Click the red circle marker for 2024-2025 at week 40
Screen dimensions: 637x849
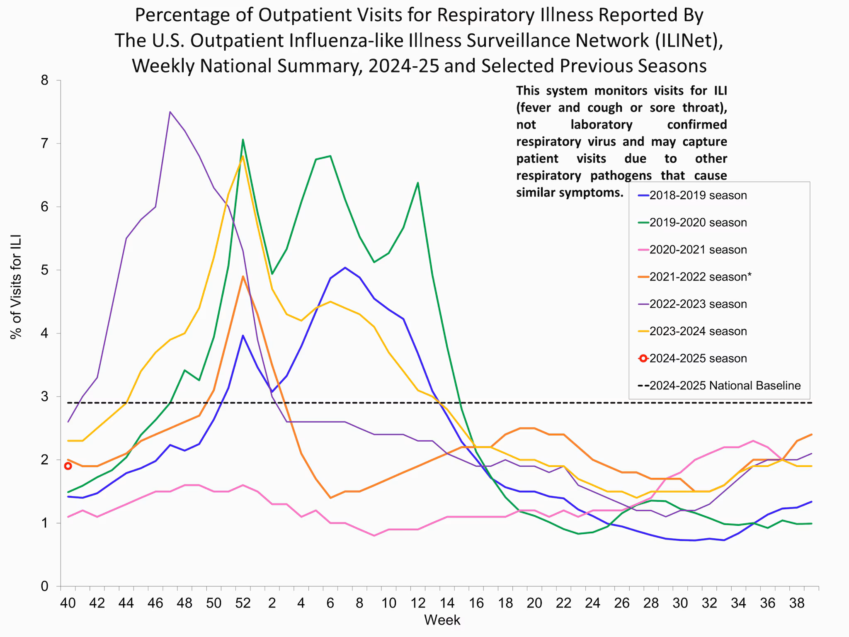68,466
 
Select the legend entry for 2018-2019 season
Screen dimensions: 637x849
698,195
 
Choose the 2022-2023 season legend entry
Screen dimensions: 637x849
698,304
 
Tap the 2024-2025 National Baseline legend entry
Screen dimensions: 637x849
725,386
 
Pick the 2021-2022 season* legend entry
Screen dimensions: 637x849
700,277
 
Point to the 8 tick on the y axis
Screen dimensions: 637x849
45,80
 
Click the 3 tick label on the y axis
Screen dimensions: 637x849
45,397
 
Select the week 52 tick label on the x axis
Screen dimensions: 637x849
243,603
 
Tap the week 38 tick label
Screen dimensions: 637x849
797,603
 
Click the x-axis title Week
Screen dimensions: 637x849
442,620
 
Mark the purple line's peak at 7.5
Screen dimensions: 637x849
170,112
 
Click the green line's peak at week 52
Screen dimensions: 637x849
243,140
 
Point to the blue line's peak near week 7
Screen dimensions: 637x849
345,267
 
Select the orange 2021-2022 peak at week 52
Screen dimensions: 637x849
243,276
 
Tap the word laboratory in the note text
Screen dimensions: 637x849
601,124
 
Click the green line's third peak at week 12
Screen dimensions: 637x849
417,182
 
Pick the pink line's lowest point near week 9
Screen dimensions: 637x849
374,536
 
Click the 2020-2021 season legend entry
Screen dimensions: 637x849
698,250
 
